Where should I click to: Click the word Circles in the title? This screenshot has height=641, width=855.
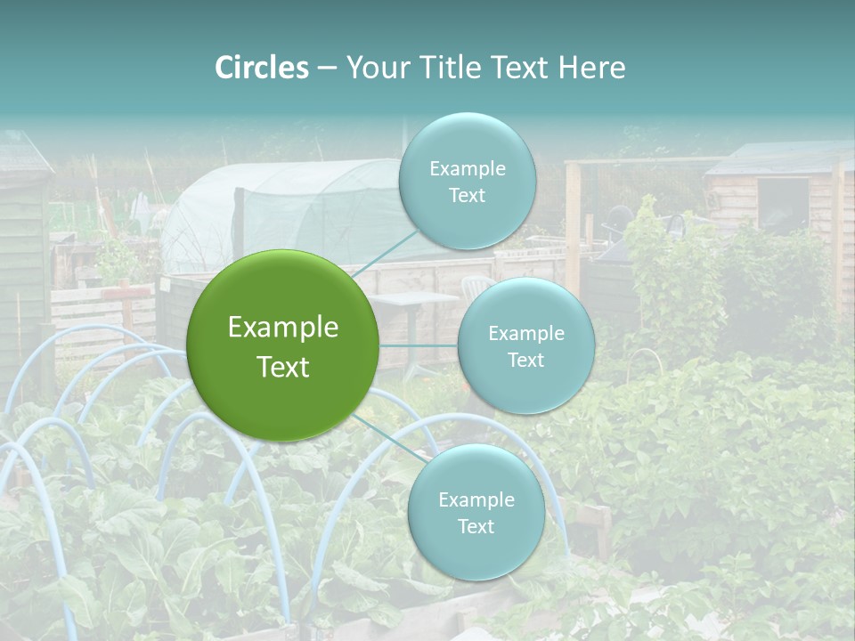tap(261, 68)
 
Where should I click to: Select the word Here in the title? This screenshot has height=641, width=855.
tap(591, 68)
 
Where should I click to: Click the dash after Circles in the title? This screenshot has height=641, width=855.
tap(327, 69)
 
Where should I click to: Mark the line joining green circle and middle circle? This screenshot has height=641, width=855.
tap(419, 345)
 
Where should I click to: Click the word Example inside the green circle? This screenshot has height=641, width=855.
tap(283, 328)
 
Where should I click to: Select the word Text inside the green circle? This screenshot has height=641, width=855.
tap(283, 367)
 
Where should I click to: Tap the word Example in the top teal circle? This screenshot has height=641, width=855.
tap(468, 168)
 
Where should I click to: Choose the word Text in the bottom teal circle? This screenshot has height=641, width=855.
tap(476, 526)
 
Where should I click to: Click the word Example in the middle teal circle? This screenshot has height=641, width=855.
tap(526, 333)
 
